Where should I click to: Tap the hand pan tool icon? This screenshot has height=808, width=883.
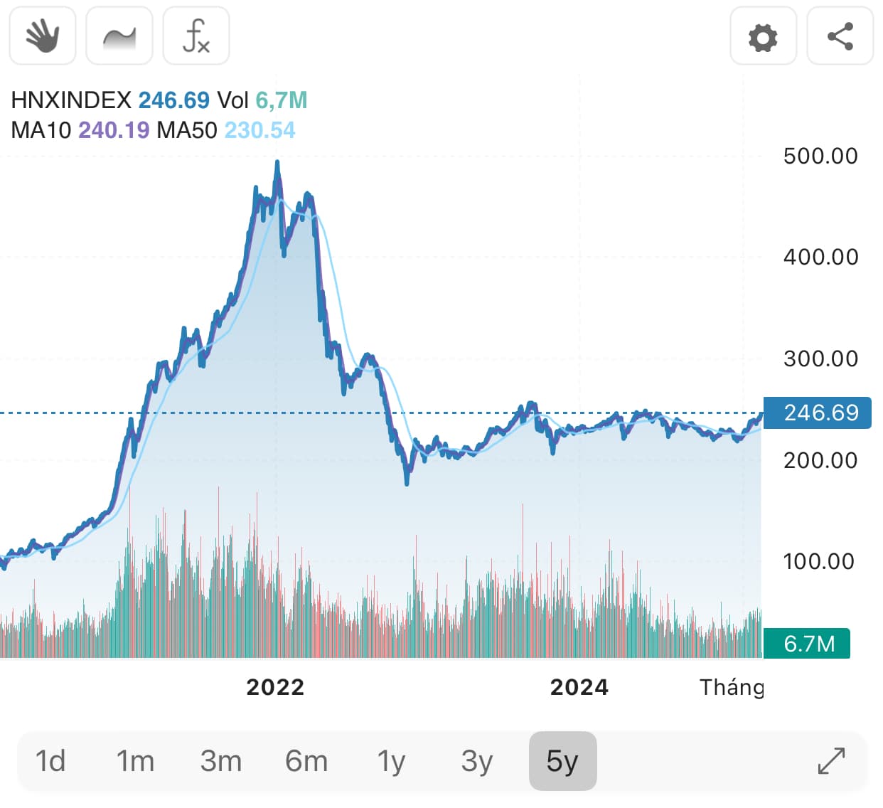click(x=43, y=36)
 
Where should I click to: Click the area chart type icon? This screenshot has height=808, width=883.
click(x=119, y=36)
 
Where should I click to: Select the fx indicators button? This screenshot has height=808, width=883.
click(x=196, y=36)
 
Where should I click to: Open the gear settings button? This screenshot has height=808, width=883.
click(x=763, y=36)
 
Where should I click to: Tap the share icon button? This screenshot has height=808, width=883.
click(x=840, y=36)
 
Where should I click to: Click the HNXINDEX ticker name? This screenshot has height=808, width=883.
click(x=71, y=100)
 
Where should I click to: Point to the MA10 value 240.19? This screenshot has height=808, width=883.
click(x=114, y=130)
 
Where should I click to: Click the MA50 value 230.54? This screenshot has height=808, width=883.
click(x=259, y=130)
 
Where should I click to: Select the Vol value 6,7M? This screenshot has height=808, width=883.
click(x=282, y=100)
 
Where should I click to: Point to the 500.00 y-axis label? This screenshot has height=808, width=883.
click(x=820, y=156)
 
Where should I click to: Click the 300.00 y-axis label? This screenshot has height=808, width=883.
click(x=820, y=358)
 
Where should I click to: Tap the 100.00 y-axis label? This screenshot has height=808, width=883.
click(x=818, y=561)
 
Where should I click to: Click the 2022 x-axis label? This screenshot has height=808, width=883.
click(x=275, y=687)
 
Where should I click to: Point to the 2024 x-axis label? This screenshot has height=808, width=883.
click(x=579, y=687)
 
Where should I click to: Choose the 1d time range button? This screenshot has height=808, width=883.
click(x=50, y=761)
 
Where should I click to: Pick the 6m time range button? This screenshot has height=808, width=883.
click(x=306, y=761)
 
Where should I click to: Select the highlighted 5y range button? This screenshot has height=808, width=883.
click(x=562, y=761)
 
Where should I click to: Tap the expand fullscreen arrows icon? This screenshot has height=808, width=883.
click(x=831, y=761)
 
